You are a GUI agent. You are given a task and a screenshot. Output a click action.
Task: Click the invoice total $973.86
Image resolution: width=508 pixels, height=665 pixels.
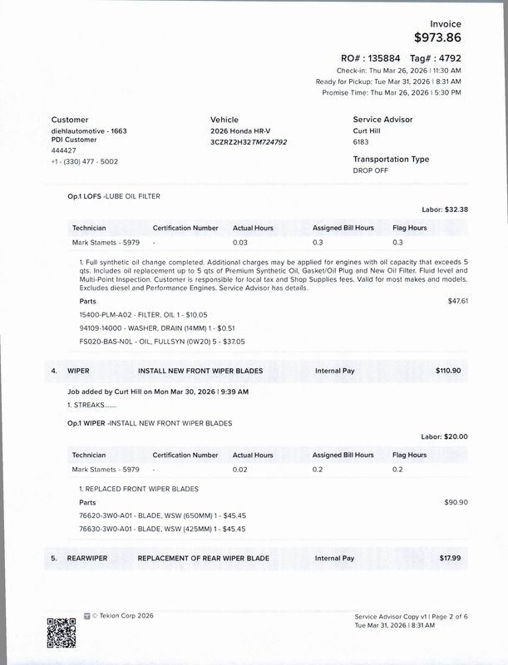437,37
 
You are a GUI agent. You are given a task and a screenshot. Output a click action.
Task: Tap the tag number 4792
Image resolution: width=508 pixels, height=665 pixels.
449,59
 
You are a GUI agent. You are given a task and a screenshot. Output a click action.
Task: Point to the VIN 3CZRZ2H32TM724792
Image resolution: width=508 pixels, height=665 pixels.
249,142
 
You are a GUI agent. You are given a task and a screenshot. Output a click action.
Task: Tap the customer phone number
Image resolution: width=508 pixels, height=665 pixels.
85,161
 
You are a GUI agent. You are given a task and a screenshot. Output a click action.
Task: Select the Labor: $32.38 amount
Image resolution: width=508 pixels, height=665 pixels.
445,209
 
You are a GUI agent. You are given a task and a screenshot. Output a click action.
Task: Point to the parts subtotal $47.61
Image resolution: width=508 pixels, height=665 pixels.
458,301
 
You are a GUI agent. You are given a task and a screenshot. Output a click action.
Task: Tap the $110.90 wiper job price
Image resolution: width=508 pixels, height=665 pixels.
448,371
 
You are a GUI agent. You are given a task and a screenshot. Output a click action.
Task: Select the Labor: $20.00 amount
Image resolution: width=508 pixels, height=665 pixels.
445,436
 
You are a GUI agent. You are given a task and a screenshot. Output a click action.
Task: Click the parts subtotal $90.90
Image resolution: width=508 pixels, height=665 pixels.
456,502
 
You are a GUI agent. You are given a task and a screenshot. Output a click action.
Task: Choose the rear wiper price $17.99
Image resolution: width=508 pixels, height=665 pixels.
450,559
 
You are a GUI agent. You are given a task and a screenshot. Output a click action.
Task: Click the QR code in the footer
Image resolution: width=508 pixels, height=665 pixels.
62,633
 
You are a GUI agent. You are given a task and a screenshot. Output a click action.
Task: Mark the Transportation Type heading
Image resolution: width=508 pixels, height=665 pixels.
391,159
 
